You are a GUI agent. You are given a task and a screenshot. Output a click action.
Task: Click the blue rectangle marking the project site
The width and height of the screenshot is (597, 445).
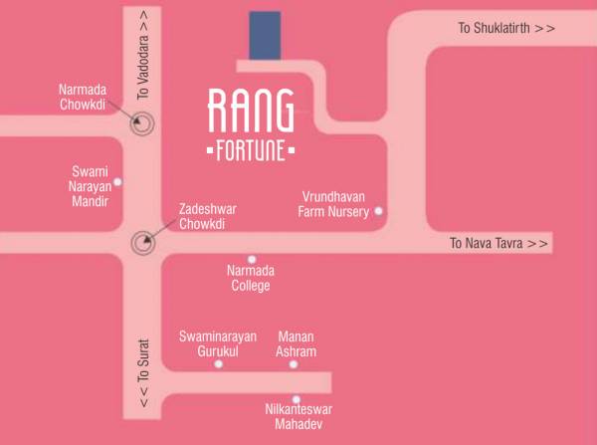265,36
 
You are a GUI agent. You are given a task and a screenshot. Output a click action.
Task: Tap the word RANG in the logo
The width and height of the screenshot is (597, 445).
251,111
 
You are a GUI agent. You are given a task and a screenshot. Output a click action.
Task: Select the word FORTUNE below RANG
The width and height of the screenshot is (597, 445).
251,152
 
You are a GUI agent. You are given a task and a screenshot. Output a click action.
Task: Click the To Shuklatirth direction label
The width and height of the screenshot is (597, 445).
506,28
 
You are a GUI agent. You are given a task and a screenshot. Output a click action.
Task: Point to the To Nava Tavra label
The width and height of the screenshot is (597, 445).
498,243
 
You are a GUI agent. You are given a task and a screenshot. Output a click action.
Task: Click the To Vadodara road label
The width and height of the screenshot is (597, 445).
143,55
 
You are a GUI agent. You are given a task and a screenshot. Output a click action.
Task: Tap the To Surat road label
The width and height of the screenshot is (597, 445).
143,382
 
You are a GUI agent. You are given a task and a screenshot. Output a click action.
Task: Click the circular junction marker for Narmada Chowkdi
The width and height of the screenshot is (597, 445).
144,124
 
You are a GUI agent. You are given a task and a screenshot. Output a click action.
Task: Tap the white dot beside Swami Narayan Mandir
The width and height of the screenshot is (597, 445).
118,181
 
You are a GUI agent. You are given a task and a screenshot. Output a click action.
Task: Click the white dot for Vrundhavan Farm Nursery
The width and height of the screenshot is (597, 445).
378,211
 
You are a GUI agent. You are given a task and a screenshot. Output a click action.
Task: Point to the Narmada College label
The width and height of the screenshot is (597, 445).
251,278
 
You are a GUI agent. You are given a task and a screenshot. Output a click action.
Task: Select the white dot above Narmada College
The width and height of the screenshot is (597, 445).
252,259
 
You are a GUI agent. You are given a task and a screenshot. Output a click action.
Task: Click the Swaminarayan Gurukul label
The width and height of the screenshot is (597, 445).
213,344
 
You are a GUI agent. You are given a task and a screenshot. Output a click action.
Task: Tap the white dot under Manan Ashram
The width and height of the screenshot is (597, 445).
294,364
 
